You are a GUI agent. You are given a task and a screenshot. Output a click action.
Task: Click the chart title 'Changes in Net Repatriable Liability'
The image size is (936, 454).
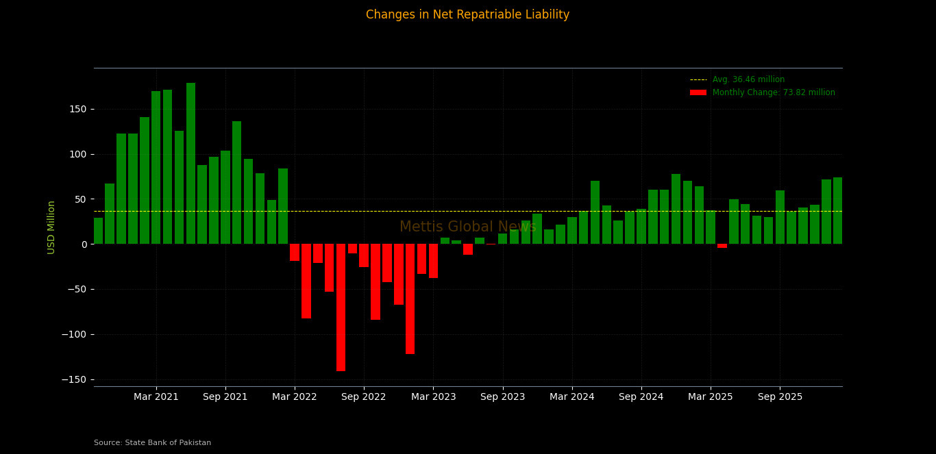click(467, 15)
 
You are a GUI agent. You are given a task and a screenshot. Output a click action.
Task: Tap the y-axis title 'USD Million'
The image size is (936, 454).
click(51, 227)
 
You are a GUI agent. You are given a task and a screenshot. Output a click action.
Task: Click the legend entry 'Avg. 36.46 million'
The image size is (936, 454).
click(748, 80)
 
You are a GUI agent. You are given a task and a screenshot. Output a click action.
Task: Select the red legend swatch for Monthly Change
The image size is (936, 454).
click(698, 92)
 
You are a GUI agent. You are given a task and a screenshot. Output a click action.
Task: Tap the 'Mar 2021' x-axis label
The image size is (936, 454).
click(156, 397)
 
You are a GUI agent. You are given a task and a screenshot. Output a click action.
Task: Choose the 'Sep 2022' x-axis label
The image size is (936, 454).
click(364, 397)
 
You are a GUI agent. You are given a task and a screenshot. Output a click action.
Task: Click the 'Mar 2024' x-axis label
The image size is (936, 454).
click(572, 397)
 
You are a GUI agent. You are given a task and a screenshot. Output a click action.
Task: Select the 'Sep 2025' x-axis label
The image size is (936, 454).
click(780, 397)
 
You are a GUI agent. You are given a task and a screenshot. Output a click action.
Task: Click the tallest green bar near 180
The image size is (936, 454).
click(190, 164)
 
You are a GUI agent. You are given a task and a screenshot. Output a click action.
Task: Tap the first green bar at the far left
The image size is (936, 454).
click(99, 231)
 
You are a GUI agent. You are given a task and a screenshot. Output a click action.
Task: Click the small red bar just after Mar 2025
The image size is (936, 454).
click(722, 246)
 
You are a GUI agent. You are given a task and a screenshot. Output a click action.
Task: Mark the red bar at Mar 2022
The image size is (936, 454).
click(295, 252)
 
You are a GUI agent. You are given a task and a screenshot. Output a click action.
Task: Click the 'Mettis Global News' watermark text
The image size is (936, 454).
click(467, 227)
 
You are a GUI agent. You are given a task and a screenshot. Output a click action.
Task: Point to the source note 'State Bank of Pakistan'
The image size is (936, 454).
click(152, 443)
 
